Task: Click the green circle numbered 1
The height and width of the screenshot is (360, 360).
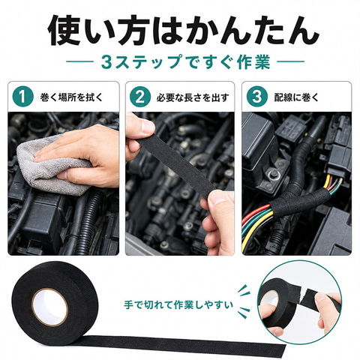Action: point(22,97)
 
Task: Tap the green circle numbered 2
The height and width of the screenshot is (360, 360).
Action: point(140,97)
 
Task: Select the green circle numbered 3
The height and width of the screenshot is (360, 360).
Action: point(257,97)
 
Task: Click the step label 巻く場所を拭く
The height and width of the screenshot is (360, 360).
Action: point(71,97)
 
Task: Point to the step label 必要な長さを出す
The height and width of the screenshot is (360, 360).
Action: point(193,97)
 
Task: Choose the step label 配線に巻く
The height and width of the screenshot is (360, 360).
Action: point(296,97)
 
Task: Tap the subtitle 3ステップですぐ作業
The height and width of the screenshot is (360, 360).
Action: point(185,61)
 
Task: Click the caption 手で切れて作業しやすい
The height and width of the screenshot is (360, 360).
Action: point(178,305)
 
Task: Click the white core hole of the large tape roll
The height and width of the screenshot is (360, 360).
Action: point(50,307)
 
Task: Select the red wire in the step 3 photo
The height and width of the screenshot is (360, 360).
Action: point(256,212)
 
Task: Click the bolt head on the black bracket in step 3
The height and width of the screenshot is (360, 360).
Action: point(273,173)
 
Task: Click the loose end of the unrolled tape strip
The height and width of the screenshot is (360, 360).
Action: point(283,350)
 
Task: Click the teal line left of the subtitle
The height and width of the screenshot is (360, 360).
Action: point(79,61)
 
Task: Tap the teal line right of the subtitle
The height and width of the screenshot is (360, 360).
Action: point(290,61)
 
